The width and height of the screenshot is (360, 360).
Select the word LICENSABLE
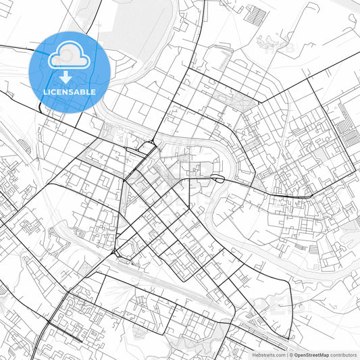[70, 91]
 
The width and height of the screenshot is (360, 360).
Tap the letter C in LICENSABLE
[56, 91]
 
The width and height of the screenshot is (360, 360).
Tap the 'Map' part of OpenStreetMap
[324, 355]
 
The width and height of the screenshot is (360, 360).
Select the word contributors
[344, 355]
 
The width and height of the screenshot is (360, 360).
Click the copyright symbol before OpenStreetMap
[290, 355]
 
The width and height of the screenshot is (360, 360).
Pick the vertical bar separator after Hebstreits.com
[287, 355]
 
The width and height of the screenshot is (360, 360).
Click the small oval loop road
[217, 178]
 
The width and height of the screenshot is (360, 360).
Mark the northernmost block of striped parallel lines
[257, 14]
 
